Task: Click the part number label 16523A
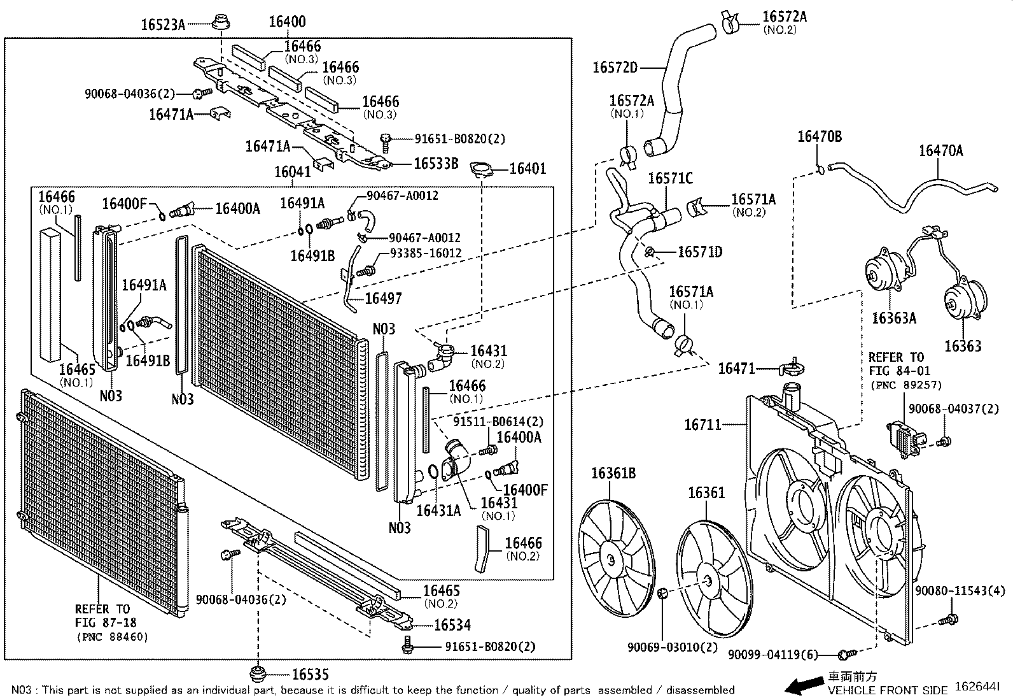coord(162,25)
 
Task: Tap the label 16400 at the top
coord(286,22)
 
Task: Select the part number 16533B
coord(436,163)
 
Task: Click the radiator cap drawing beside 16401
coord(482,169)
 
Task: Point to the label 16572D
coord(615,67)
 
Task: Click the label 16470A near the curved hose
coord(940,151)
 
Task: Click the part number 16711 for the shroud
coord(703,424)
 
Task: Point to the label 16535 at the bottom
coord(311,674)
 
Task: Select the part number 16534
coord(452,625)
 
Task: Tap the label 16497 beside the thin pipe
coord(383,298)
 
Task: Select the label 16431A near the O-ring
coord(438,510)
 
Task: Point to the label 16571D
coord(700,252)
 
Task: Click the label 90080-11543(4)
coord(961,591)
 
